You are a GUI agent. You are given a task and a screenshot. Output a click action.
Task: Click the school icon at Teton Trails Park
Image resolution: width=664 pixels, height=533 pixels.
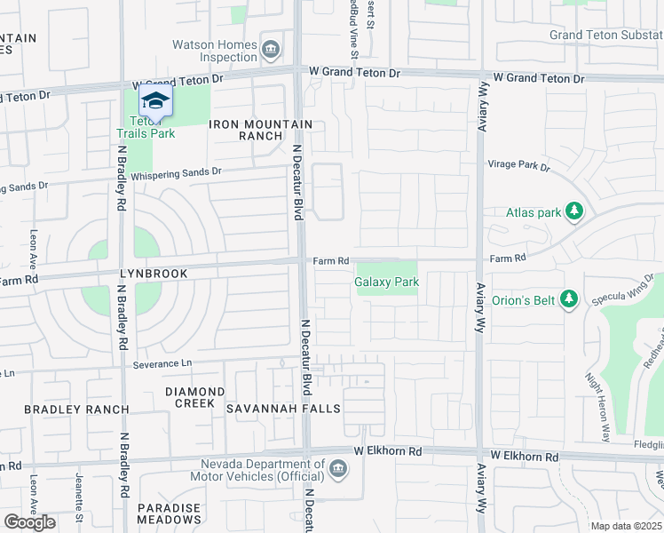pos(155,100)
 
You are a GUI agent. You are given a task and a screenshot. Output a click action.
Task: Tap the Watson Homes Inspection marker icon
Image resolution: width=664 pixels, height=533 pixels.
pos(271,47)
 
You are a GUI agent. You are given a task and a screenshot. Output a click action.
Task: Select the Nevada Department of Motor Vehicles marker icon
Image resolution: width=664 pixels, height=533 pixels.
pos(336,468)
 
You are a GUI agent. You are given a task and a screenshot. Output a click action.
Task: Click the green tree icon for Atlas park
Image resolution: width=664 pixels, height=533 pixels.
pos(575,211)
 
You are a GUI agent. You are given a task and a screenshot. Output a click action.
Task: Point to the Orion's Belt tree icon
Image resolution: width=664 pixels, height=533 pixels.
pos(569,299)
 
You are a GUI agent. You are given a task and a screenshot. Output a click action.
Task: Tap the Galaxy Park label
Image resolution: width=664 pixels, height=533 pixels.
pos(386,282)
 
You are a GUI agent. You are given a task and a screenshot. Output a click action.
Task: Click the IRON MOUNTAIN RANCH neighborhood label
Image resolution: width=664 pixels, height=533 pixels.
pos(261,130)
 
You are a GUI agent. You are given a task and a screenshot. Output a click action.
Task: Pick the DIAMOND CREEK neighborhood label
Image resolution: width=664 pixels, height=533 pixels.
pos(194,397)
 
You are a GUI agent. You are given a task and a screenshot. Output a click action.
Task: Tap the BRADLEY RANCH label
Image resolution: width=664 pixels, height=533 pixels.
pos(76,410)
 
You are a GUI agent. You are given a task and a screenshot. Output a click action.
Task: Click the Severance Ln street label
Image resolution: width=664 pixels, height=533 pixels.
pos(162,364)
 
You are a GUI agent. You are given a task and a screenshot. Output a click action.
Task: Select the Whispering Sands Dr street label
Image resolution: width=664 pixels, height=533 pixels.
pos(175,175)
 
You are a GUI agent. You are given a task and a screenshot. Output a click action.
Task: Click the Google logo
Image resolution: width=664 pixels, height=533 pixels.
pos(29,522)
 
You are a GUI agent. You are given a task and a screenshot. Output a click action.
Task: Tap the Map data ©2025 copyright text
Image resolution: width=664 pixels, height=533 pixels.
pos(627,526)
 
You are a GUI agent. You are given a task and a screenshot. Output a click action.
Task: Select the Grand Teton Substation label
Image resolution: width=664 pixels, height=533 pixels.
pos(606,36)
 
